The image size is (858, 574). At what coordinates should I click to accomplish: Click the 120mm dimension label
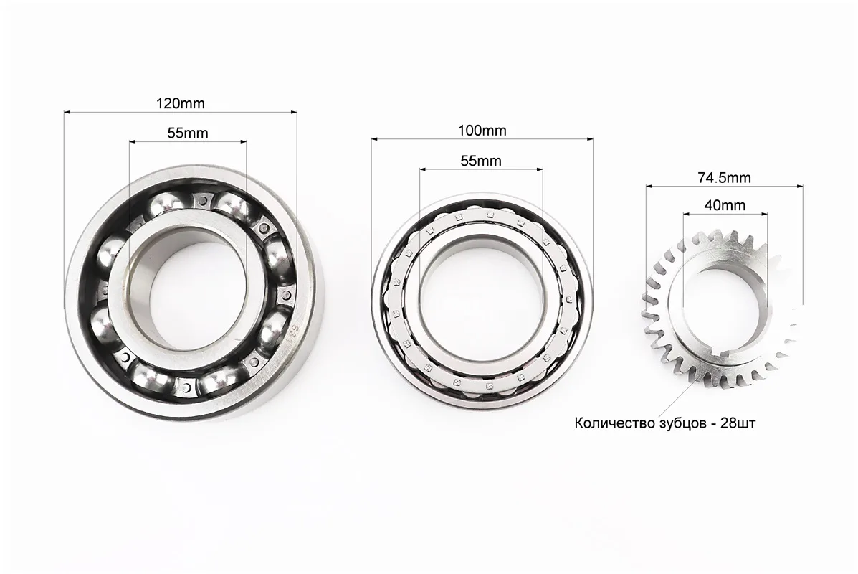coord(180,103)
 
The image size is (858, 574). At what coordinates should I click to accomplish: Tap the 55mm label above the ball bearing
coord(188,133)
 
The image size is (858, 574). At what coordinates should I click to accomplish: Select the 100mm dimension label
coord(482,131)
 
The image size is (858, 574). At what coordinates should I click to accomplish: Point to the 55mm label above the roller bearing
coord(481,161)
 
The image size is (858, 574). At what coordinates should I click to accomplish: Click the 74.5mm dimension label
coord(725,177)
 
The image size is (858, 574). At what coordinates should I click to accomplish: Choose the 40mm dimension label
coord(725,205)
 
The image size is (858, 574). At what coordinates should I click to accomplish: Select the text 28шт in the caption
coord(738,423)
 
